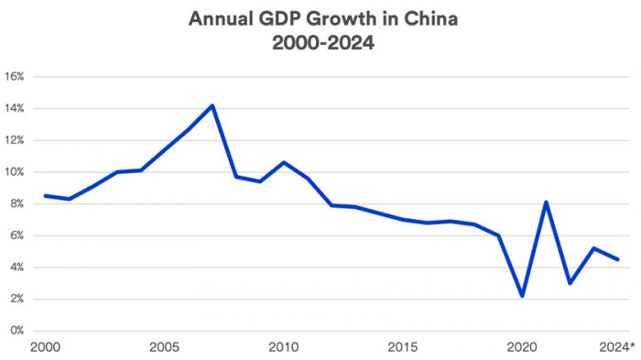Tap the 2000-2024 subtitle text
(320, 42)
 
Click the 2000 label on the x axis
(44, 347)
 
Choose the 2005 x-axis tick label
(164, 347)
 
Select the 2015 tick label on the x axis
(403, 347)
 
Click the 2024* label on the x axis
(615, 347)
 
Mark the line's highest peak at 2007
(212, 105)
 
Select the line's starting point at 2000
(45, 196)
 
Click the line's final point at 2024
(618, 259)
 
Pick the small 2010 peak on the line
(284, 162)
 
